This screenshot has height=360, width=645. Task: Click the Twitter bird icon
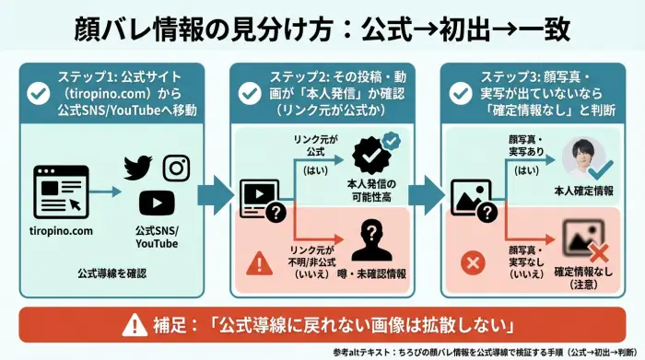tap(137, 168)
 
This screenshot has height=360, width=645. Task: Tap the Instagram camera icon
tap(176, 168)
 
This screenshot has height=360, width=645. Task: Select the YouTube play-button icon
tap(157, 203)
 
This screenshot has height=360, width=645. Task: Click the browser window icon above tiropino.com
tap(61, 192)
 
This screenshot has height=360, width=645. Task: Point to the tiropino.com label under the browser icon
tap(61, 230)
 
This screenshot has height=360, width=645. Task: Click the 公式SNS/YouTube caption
tap(157, 237)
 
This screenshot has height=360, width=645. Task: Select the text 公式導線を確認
tap(114, 273)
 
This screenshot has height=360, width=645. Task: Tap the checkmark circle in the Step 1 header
tap(39, 93)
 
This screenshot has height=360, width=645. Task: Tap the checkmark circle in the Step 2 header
tap(250, 93)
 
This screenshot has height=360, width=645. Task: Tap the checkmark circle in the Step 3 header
tap(461, 93)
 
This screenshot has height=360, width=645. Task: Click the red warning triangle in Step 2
tap(261, 265)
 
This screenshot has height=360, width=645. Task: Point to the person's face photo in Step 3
tap(587, 157)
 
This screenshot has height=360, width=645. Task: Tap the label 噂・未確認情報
tap(372, 273)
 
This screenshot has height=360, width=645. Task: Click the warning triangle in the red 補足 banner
tap(137, 324)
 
